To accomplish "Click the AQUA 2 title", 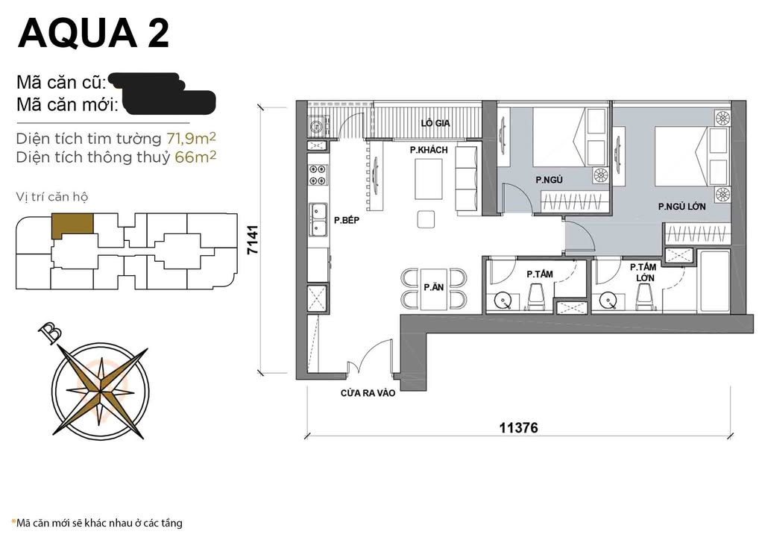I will pos(94,33).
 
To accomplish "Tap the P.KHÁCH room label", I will pos(428,151).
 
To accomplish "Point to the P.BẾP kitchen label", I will pos(347,221).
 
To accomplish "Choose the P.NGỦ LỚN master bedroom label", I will pos(681,207).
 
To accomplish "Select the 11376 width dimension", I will pos(518,428).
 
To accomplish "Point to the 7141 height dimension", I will pos(253,240).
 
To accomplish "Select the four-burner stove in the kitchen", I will pos(316,175).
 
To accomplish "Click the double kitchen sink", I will pos(317,219).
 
